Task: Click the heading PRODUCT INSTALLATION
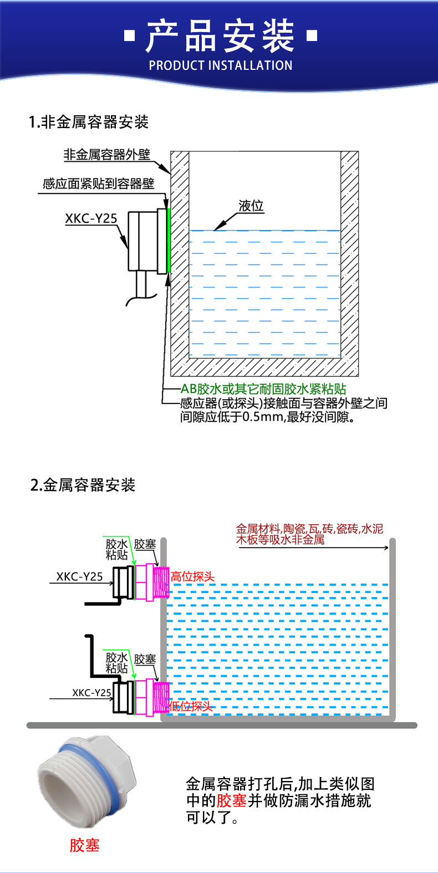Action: (220, 65)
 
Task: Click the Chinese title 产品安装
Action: (220, 36)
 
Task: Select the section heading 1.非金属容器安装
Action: (89, 122)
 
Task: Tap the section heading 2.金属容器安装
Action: (83, 485)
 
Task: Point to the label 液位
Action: (251, 206)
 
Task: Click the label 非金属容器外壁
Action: (107, 155)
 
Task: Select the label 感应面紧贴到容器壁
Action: (98, 184)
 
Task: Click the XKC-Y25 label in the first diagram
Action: (91, 218)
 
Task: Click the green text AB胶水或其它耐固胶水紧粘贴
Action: (263, 389)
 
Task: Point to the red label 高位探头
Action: (192, 576)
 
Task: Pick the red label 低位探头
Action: (190, 706)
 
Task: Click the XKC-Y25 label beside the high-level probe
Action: (80, 576)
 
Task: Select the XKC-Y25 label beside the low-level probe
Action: (91, 693)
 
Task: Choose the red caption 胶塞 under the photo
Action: (84, 845)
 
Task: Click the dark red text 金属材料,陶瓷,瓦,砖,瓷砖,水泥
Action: (309, 529)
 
